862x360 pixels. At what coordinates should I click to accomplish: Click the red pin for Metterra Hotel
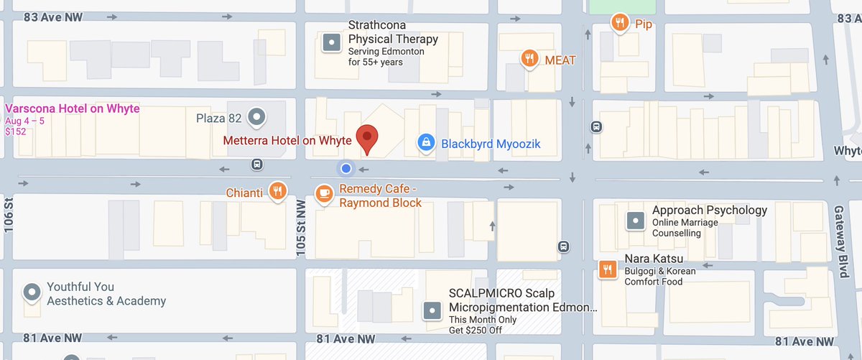coord(368,139)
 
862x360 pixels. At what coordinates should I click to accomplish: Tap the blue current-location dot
coord(346,168)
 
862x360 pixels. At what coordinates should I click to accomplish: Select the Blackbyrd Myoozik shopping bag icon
coord(426,143)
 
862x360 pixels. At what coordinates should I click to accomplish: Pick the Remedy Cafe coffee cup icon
coord(325,193)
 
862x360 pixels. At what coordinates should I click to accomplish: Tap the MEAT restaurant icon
coord(529,58)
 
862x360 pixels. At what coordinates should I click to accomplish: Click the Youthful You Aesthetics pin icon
coord(31,292)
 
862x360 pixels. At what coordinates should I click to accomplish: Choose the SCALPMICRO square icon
coord(432,310)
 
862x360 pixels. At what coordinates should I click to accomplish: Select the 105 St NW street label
coord(302,227)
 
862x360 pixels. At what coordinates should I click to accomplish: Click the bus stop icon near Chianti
coord(256,165)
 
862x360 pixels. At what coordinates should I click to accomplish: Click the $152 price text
coord(14,132)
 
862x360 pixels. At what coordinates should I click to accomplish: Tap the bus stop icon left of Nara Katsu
coord(565,246)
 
